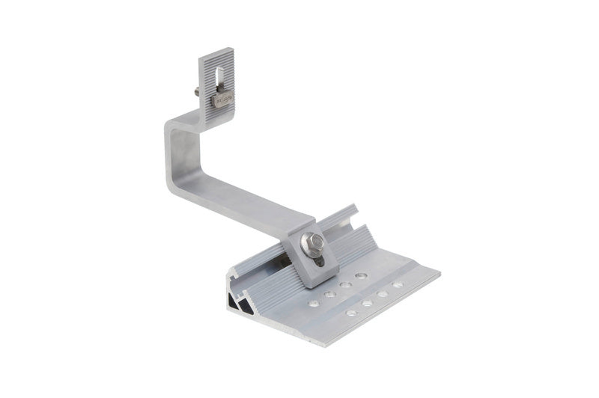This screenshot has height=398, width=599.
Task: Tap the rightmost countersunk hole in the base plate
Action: [x=398, y=284]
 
